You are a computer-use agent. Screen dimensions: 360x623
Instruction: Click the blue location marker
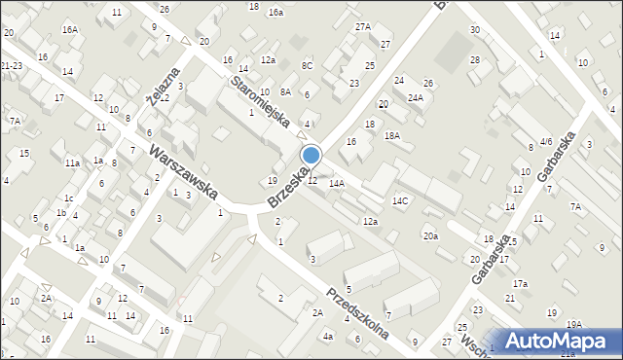click(311, 156)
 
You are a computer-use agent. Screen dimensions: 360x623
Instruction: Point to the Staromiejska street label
click(261, 101)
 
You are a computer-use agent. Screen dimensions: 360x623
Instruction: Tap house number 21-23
click(12, 65)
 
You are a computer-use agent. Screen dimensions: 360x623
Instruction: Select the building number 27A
click(363, 26)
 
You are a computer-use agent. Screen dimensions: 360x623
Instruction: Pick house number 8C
click(307, 65)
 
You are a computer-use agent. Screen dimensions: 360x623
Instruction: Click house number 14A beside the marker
click(337, 183)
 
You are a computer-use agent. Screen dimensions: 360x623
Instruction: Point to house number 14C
click(400, 200)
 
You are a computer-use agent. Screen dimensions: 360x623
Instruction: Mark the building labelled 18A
click(391, 136)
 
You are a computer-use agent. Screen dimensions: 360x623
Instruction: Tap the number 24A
click(416, 97)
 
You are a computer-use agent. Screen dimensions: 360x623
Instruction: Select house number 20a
click(429, 236)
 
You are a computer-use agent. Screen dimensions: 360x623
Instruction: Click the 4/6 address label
click(546, 142)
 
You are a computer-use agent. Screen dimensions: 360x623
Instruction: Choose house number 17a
click(521, 283)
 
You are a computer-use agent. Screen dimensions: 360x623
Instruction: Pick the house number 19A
click(574, 325)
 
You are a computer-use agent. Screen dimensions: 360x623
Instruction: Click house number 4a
click(328, 337)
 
